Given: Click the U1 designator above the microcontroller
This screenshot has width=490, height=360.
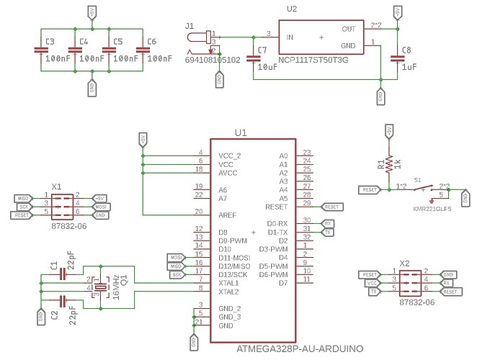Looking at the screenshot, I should (x=240, y=132).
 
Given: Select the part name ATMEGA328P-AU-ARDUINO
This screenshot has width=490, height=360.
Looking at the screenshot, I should (x=299, y=349).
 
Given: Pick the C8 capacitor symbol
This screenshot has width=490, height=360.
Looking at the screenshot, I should (x=396, y=57).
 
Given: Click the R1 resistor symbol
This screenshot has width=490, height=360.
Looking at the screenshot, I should (x=389, y=163).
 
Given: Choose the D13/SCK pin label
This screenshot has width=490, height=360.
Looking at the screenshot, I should (x=234, y=274).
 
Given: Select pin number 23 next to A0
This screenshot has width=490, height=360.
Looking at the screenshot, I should (x=307, y=153).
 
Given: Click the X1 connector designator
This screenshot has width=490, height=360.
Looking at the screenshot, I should (x=57, y=186).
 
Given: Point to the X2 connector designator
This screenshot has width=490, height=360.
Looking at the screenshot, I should (x=404, y=264).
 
